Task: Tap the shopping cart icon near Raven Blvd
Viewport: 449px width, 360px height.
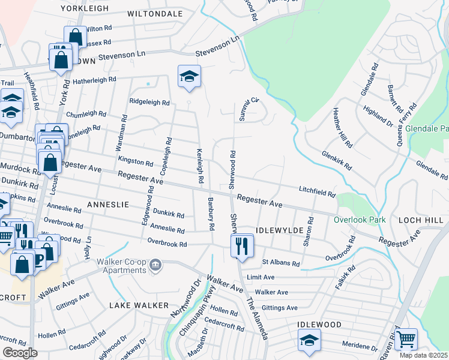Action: click(x=406, y=339)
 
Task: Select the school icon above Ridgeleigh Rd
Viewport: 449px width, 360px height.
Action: click(x=189, y=76)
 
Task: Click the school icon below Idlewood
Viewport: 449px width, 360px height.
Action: click(x=309, y=341)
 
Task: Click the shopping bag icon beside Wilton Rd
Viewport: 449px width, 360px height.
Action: click(x=76, y=37)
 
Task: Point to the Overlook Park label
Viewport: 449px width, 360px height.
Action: click(x=360, y=220)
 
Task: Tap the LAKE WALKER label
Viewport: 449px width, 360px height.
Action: click(x=139, y=305)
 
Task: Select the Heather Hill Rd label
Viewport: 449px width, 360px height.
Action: click(x=343, y=128)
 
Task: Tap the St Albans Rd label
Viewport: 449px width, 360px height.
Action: click(x=280, y=263)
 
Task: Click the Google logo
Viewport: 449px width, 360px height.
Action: click(x=20, y=353)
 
